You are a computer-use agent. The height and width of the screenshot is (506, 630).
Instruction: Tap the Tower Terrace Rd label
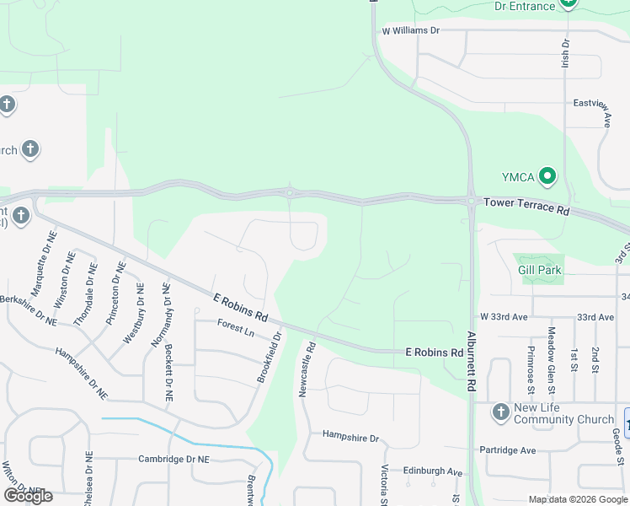(526, 206)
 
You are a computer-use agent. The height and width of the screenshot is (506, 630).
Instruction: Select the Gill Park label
(540, 270)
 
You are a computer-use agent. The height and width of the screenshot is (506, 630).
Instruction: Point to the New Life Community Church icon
(501, 409)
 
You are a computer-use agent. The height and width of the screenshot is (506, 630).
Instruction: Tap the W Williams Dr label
(411, 30)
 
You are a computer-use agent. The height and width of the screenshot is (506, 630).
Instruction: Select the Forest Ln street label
(235, 327)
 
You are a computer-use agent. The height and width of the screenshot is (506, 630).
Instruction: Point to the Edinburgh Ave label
(432, 471)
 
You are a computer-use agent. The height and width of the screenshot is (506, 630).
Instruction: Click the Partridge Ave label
(508, 450)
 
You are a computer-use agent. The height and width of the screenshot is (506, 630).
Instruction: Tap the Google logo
(28, 496)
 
